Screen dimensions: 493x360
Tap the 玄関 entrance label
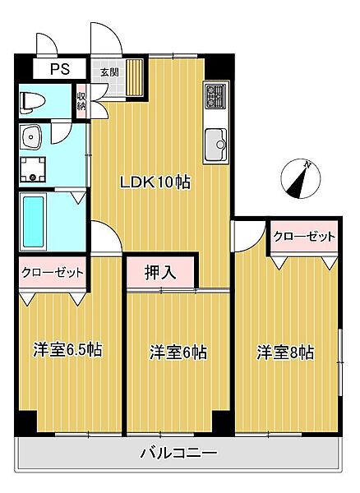pyautogui.click(x=109, y=72)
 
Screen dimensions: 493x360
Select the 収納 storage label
pyautogui.click(x=82, y=102)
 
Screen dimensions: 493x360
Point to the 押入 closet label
pyautogui.click(x=160, y=271)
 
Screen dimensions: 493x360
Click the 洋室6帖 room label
pyautogui.click(x=178, y=352)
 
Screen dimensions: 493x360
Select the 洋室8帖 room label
pyautogui.click(x=285, y=352)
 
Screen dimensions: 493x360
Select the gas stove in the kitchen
pyautogui.click(x=215, y=96)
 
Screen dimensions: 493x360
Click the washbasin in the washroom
pyautogui.click(x=33, y=136)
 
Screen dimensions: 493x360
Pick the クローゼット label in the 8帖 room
pyautogui.click(x=305, y=237)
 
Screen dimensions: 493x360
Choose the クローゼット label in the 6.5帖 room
pyautogui.click(x=51, y=272)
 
